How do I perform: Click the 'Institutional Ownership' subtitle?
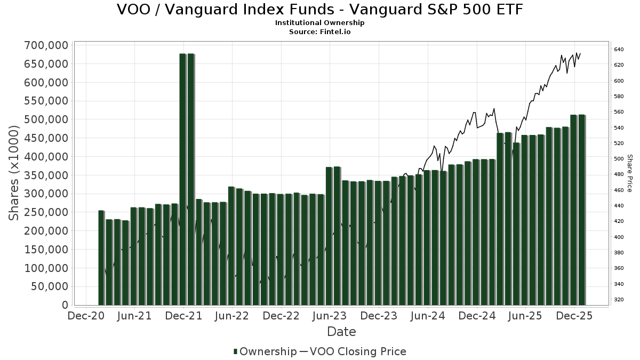coord(319,23)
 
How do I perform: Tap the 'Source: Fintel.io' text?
coord(319,31)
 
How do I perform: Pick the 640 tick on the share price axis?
coord(619,50)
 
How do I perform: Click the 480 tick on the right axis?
coord(619,174)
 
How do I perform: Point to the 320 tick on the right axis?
coord(619,300)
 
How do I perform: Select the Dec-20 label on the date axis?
coord(86,316)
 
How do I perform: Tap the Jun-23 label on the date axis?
coord(330,316)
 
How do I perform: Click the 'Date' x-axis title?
coord(341,332)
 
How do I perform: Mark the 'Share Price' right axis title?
coord(630,173)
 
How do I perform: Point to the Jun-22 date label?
coord(232,316)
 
